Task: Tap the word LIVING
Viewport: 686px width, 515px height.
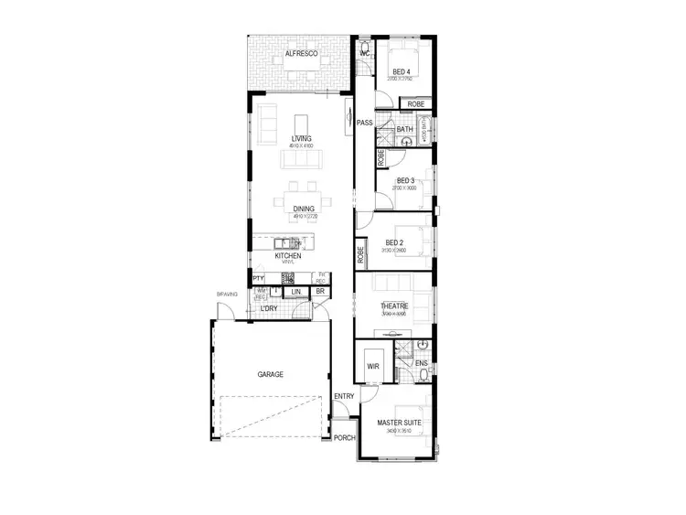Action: (301, 139)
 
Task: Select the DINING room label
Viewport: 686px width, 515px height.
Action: (304, 209)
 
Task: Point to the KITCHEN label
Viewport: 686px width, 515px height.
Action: (301, 256)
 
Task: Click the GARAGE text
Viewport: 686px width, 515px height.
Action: (270, 374)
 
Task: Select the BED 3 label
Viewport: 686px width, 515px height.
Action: (406, 181)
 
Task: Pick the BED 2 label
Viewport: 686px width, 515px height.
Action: (395, 242)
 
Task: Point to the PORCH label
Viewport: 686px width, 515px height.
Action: (344, 438)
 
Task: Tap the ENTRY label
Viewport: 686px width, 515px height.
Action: (344, 396)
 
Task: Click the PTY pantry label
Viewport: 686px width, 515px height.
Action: (258, 278)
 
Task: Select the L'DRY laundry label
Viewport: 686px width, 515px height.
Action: (269, 308)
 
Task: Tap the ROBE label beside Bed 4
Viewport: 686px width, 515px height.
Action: (415, 105)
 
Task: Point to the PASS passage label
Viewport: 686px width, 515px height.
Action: (364, 123)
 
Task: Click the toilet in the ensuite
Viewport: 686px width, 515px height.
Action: (423, 345)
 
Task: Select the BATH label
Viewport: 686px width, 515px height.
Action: (405, 130)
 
